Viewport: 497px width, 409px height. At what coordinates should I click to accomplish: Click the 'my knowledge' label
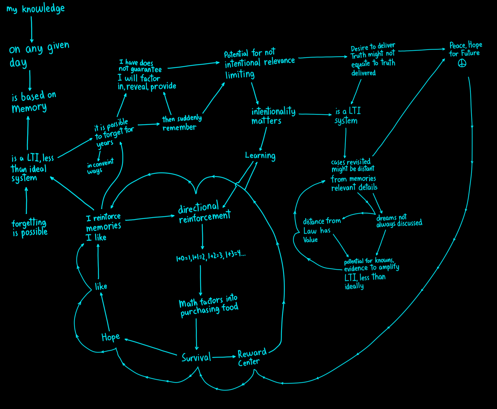(x=35, y=9)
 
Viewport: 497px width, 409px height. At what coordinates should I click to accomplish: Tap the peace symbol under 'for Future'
(x=462, y=63)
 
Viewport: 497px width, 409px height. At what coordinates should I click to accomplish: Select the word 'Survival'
(x=196, y=358)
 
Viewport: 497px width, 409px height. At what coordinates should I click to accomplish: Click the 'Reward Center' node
(x=252, y=357)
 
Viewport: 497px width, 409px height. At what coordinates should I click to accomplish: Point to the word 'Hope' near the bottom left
(x=111, y=337)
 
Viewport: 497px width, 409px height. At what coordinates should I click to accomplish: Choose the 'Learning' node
(x=260, y=156)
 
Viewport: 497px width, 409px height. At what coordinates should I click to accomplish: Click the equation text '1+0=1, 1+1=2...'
(x=211, y=256)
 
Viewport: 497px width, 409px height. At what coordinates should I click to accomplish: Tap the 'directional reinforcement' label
(x=204, y=212)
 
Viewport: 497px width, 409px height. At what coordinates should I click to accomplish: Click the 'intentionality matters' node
(x=273, y=116)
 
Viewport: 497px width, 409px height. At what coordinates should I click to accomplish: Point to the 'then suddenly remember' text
(x=182, y=123)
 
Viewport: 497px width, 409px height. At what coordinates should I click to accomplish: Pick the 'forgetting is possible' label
(x=30, y=227)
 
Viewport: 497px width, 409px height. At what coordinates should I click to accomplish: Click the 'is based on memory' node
(x=34, y=102)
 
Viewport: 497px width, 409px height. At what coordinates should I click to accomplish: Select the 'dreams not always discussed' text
(x=399, y=221)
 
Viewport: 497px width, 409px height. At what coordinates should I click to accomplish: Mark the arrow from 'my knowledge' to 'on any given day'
(x=31, y=29)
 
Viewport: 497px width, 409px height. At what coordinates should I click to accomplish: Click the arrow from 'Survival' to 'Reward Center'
(x=224, y=357)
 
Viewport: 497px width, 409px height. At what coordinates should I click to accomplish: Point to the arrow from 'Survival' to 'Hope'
(x=151, y=347)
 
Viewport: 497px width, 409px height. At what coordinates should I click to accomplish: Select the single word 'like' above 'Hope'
(x=101, y=286)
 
